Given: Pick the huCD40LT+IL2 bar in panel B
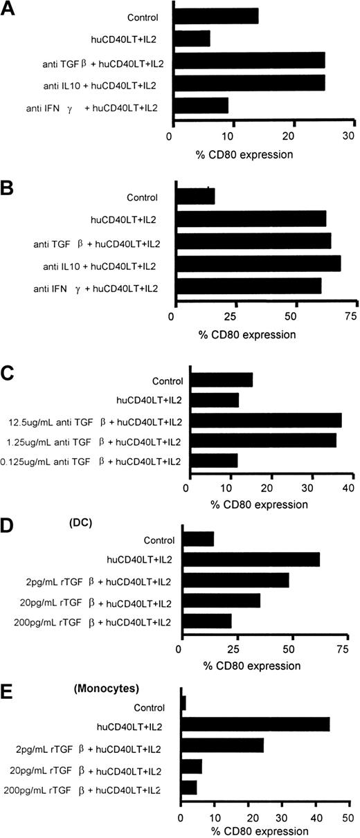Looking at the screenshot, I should pos(251,219).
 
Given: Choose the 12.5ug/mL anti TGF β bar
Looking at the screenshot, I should pos(266,421).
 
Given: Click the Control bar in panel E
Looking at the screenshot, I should pos(183,704).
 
